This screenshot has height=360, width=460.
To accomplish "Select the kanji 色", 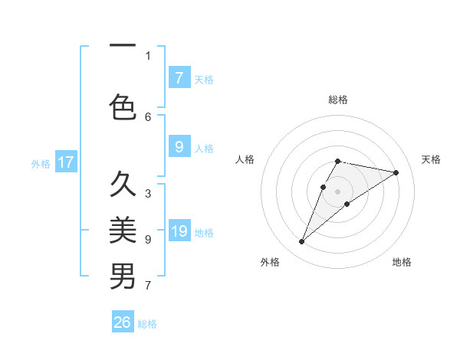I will tap(123, 106).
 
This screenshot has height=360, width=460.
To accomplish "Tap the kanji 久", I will tap(123, 185).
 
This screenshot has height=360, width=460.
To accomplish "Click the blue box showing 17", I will tap(65, 162).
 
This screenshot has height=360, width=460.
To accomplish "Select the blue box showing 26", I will tap(123, 322).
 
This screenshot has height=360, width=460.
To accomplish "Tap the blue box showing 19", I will tap(179, 231).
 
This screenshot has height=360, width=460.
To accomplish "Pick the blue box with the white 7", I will tap(179, 77).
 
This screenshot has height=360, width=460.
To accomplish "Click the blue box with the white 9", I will tap(179, 147).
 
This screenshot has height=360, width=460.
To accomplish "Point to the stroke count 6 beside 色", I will tap(148, 116).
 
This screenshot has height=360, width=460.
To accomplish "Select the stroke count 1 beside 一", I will tap(148, 55).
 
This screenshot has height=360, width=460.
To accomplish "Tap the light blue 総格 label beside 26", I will tap(147, 324).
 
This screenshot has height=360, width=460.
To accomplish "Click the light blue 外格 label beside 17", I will tap(41, 164).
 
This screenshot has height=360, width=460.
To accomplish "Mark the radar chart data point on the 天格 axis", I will tap(396, 172).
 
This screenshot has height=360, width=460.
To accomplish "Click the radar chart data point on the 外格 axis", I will tap(301, 242).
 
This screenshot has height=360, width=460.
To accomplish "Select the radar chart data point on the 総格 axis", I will tap(338, 161).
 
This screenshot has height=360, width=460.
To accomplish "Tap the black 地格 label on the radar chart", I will tap(402, 262).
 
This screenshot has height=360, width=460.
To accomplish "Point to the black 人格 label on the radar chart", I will tap(245, 159).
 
